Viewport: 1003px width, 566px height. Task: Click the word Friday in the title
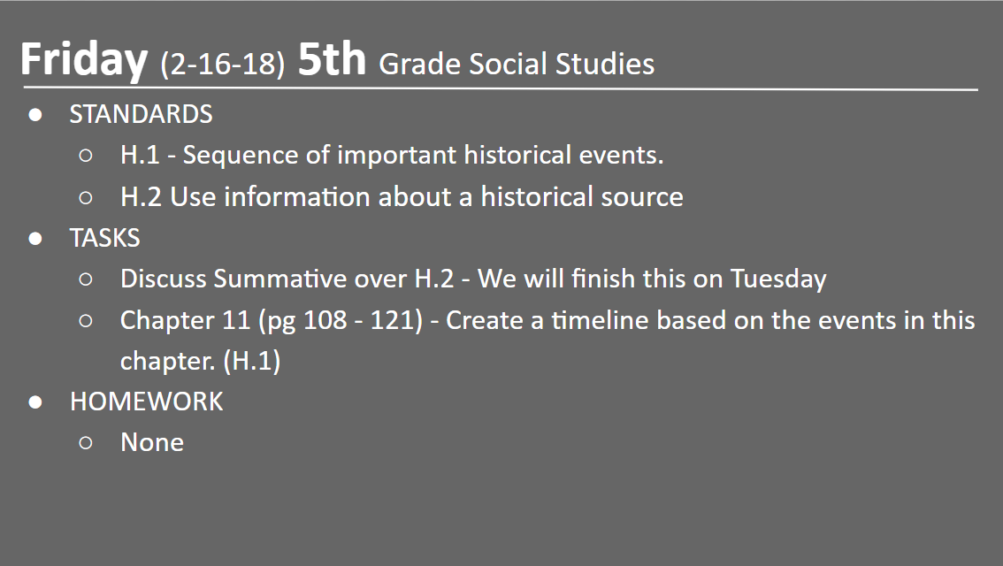[x=83, y=60]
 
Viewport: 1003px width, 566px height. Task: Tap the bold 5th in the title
[x=331, y=60]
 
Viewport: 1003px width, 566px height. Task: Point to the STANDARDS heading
[x=141, y=115]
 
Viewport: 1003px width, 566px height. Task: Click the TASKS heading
[x=104, y=238]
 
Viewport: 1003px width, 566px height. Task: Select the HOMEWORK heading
[x=146, y=402]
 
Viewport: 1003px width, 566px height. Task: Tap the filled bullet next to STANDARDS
[x=35, y=115]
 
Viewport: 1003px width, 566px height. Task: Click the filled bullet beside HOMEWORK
[x=35, y=402]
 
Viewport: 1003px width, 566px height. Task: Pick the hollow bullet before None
[x=86, y=442]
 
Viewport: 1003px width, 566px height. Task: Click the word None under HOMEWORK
[x=151, y=442]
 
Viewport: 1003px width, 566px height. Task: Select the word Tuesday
[x=778, y=279]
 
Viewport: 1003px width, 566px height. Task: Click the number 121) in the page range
[x=394, y=320]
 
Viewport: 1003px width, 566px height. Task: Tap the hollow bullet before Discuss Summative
[x=86, y=279]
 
